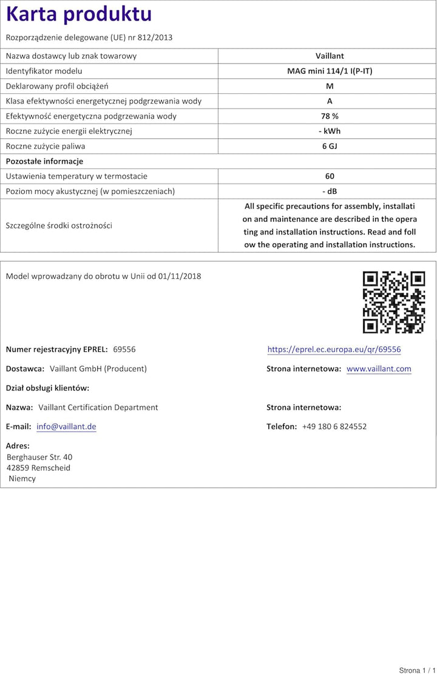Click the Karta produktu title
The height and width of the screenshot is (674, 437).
pyautogui.click(x=79, y=14)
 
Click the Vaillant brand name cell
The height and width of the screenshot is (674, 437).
pyautogui.click(x=330, y=56)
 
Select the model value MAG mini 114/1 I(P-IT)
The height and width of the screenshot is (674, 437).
pyautogui.click(x=330, y=71)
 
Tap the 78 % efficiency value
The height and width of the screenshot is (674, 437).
pyautogui.click(x=330, y=116)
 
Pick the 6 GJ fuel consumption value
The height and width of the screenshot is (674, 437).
pyautogui.click(x=330, y=146)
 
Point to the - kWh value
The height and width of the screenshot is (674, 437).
pyautogui.click(x=330, y=131)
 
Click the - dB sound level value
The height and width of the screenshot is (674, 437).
pyautogui.click(x=330, y=191)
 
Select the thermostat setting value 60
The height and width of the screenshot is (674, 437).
pyautogui.click(x=330, y=176)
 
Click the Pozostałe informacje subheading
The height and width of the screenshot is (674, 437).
pyautogui.click(x=44, y=161)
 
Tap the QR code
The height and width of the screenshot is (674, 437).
pyautogui.click(x=394, y=302)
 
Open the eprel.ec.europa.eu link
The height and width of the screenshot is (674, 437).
pyautogui.click(x=334, y=350)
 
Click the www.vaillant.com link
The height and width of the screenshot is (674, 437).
pyautogui.click(x=379, y=369)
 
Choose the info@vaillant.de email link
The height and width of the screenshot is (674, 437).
pyautogui.click(x=66, y=427)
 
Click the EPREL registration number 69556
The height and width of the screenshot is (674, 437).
pyautogui.click(x=124, y=349)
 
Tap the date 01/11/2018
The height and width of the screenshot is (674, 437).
pyautogui.click(x=180, y=276)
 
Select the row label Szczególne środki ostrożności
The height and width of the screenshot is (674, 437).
pyautogui.click(x=59, y=225)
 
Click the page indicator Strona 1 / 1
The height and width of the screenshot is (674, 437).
pyautogui.click(x=418, y=670)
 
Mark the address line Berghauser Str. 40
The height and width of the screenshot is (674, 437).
pyautogui.click(x=39, y=457)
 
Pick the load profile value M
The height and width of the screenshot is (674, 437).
pyautogui.click(x=330, y=86)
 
